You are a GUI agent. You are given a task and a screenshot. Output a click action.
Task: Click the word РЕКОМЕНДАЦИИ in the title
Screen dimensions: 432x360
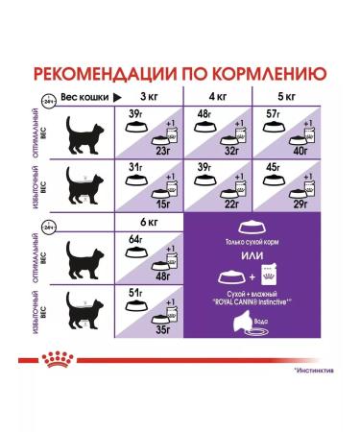tap(110, 76)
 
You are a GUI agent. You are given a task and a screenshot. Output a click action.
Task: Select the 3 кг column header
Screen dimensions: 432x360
tap(150, 98)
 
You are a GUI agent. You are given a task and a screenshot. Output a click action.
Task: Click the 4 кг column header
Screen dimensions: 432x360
tap(219, 98)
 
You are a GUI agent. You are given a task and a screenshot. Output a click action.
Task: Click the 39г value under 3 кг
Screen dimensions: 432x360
tap(135, 116)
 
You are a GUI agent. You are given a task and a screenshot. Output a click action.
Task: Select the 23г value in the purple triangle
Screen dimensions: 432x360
tap(162, 150)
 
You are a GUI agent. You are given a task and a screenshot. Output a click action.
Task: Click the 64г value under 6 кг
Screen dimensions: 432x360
tap(135, 240)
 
